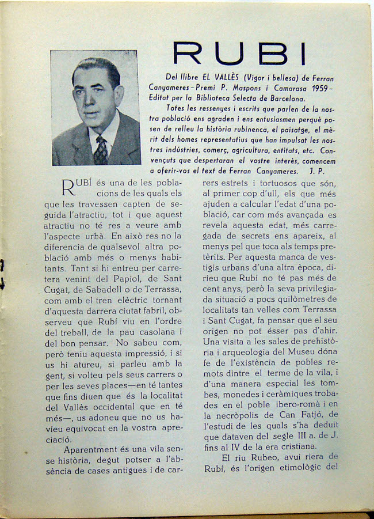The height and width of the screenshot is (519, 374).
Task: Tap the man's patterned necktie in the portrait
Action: [x=101, y=151]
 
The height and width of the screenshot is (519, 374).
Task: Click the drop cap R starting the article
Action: [x=68, y=189]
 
